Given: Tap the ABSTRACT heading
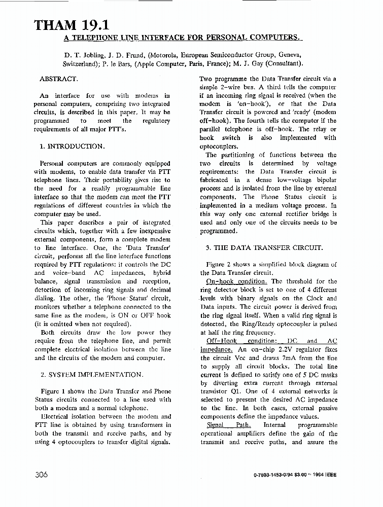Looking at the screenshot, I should coord(58,79).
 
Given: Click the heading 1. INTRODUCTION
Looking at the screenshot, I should coord(73,146).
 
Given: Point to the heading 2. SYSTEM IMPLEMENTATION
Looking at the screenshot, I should coord(91,375).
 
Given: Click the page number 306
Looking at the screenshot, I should coord(42,475).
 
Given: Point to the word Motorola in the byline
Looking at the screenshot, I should coord(167,55).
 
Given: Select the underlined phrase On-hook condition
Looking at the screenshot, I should coord(236,281).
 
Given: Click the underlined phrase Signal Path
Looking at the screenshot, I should coord(229,425).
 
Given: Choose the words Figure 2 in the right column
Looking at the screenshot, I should coord(219,264).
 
